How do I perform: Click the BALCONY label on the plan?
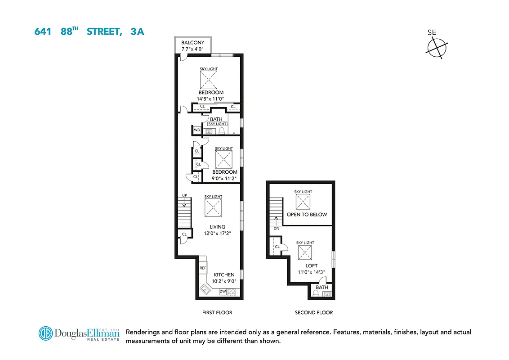point(193,43)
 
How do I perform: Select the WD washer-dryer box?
point(197,130)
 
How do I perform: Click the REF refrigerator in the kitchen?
point(203,268)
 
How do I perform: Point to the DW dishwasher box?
point(223,292)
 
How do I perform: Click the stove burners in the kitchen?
point(232,292)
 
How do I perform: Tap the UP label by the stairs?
point(184,195)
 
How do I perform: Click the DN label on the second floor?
point(276,228)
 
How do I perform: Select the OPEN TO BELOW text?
point(307,215)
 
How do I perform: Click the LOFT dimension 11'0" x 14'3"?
point(312,272)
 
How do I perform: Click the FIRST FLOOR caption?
point(218,312)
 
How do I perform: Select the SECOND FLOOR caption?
point(314,312)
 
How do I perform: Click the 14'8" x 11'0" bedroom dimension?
point(210,99)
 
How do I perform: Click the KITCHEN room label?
point(224,274)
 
